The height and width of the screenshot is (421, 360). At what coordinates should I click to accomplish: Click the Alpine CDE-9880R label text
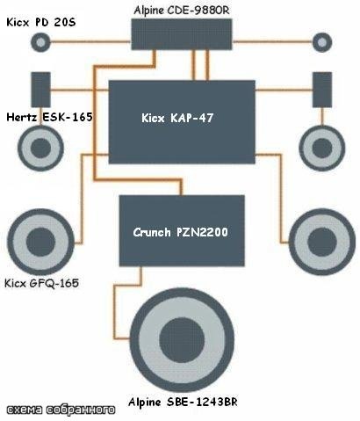click(182, 11)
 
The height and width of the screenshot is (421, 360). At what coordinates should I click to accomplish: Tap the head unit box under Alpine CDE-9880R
click(182, 34)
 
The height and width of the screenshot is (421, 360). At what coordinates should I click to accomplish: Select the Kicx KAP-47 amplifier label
click(177, 118)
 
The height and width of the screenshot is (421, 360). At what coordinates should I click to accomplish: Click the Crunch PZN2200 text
click(180, 232)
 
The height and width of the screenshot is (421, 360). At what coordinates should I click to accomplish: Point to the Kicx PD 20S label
click(41, 22)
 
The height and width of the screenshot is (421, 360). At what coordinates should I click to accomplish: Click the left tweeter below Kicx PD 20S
click(40, 42)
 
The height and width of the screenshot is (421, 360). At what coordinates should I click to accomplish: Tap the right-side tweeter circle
click(322, 42)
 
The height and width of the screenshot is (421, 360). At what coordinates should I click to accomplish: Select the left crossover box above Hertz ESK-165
click(40, 90)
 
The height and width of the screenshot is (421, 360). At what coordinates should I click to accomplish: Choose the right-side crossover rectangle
click(322, 90)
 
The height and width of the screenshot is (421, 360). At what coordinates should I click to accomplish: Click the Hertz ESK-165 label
click(49, 117)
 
